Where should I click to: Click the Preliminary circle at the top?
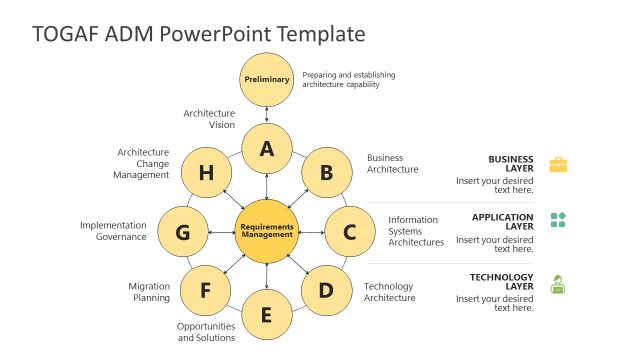point(266,79)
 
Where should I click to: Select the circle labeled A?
point(266,149)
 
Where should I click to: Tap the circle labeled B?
point(326,173)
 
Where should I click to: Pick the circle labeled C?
point(349,232)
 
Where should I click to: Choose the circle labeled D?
point(326,291)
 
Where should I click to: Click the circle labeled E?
point(266,315)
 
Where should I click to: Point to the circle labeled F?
point(206,291)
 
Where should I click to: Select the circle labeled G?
point(183,232)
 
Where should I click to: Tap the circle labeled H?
point(206,173)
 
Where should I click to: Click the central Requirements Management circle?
point(266,232)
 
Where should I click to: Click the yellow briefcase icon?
point(558,164)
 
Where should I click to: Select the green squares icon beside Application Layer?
point(558,220)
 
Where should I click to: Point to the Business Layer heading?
point(511,164)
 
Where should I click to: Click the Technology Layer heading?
point(502,282)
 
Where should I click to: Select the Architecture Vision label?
point(209,119)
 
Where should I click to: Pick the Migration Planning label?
point(149,292)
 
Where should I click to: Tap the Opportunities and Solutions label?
point(206,332)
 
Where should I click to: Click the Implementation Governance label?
point(113,231)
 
